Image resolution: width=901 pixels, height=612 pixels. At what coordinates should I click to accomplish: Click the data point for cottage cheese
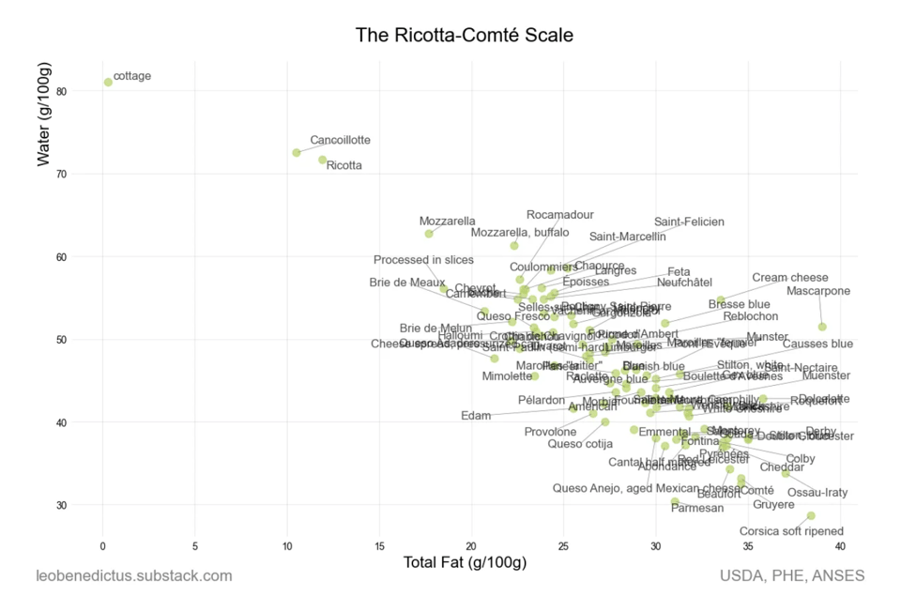(108, 83)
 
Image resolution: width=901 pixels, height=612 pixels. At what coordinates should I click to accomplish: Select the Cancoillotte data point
(297, 152)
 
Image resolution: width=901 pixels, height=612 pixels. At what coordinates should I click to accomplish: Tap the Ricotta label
(344, 166)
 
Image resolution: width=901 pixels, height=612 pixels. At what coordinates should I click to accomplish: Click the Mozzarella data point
(429, 234)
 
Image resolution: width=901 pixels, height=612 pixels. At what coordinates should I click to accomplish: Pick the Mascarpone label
(818, 292)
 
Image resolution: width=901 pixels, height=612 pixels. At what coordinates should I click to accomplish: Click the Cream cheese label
(790, 278)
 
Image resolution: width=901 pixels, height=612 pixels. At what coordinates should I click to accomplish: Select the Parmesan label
(697, 508)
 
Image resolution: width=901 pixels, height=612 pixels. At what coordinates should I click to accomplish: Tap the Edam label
(476, 416)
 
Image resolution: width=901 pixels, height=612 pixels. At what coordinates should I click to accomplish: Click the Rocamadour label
(559, 215)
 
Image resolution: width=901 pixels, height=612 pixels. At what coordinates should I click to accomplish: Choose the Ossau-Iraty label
(817, 493)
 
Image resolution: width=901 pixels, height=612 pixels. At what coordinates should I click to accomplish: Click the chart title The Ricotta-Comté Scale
(464, 36)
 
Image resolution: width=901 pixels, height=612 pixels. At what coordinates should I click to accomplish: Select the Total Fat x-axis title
(465, 563)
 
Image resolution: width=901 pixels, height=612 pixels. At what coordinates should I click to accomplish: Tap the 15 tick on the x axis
(379, 544)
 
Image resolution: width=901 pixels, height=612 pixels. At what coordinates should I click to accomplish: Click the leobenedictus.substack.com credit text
(133, 575)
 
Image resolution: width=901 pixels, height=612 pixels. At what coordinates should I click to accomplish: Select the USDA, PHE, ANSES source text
(792, 575)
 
